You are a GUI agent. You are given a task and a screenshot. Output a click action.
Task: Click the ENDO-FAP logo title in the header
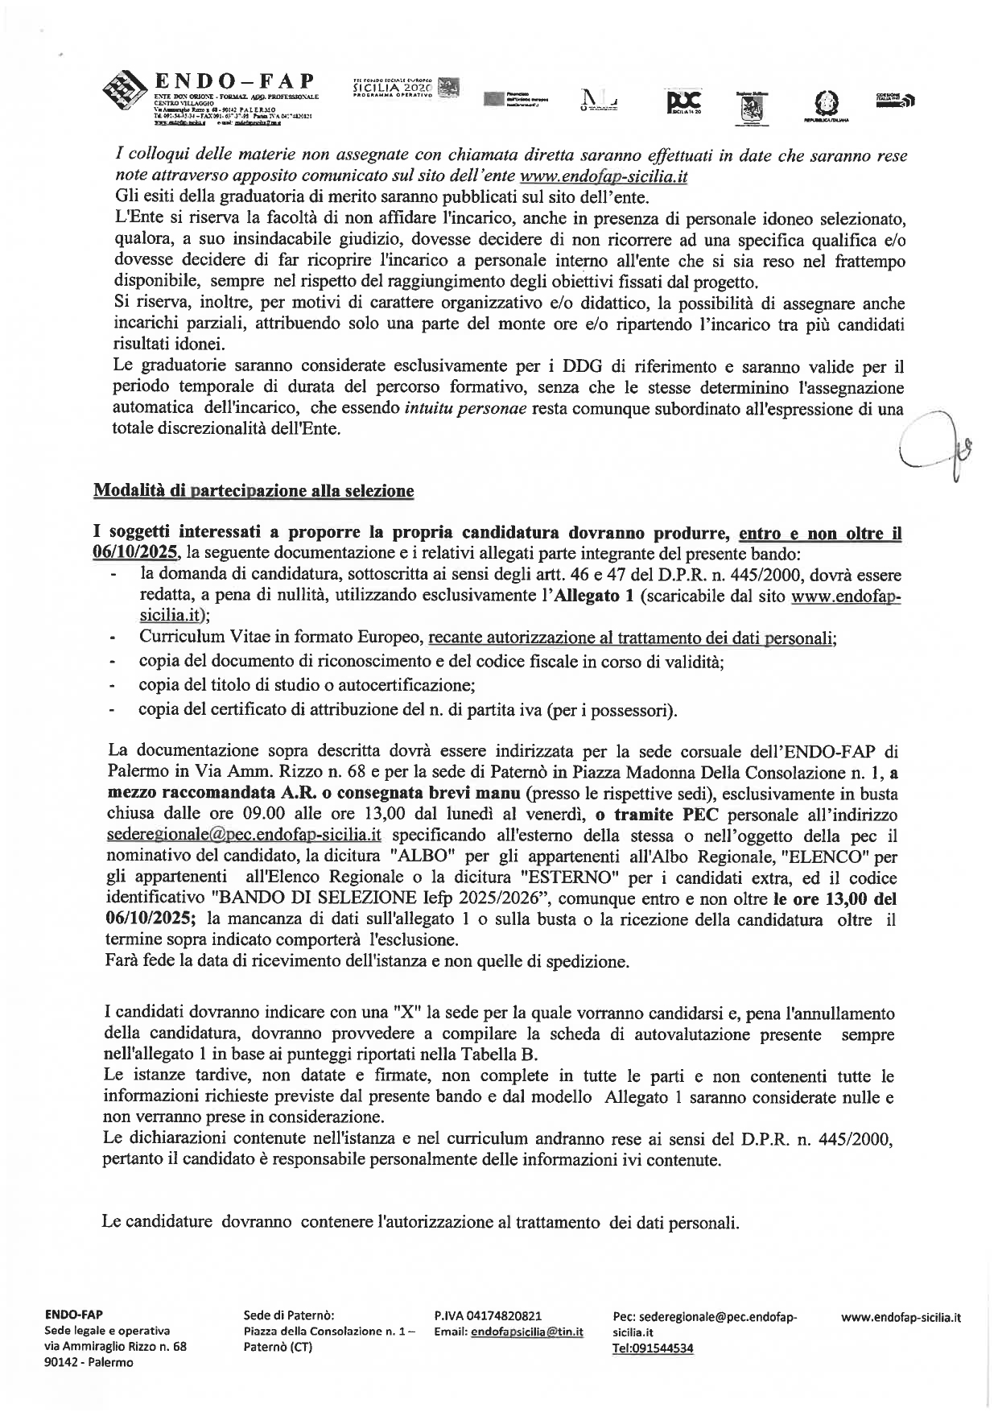tap(233, 81)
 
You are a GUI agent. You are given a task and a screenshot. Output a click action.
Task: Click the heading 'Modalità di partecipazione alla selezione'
tap(254, 491)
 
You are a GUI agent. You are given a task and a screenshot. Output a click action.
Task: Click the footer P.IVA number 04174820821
tap(487, 1315)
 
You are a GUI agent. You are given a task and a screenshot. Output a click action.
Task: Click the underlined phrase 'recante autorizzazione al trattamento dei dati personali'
tap(633, 638)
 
